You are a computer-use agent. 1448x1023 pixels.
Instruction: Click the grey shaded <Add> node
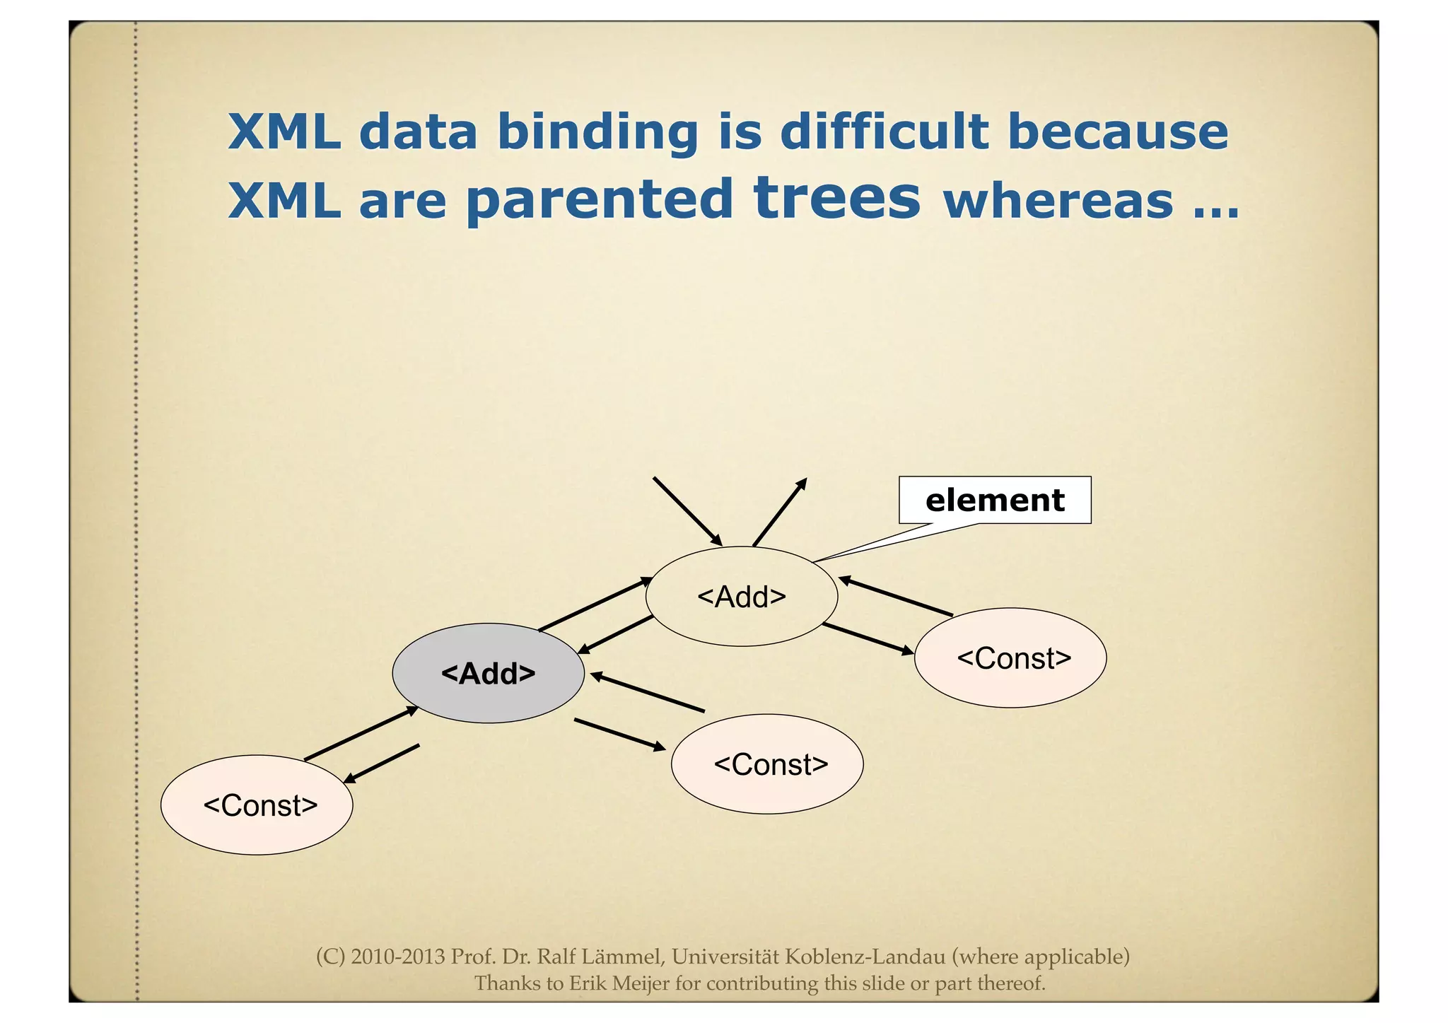[488, 673]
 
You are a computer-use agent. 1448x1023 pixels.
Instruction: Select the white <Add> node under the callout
[742, 597]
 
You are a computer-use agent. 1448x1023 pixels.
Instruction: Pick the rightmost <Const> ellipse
[1010, 658]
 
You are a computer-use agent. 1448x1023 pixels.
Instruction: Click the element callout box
[994, 501]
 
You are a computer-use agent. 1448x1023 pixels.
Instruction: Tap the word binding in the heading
[598, 133]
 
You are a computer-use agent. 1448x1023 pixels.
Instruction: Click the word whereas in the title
[1058, 201]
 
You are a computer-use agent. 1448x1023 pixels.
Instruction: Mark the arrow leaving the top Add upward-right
[780, 512]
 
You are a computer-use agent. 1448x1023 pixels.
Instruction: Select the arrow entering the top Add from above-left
[687, 510]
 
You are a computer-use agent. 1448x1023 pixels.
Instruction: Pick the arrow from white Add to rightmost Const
[868, 639]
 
